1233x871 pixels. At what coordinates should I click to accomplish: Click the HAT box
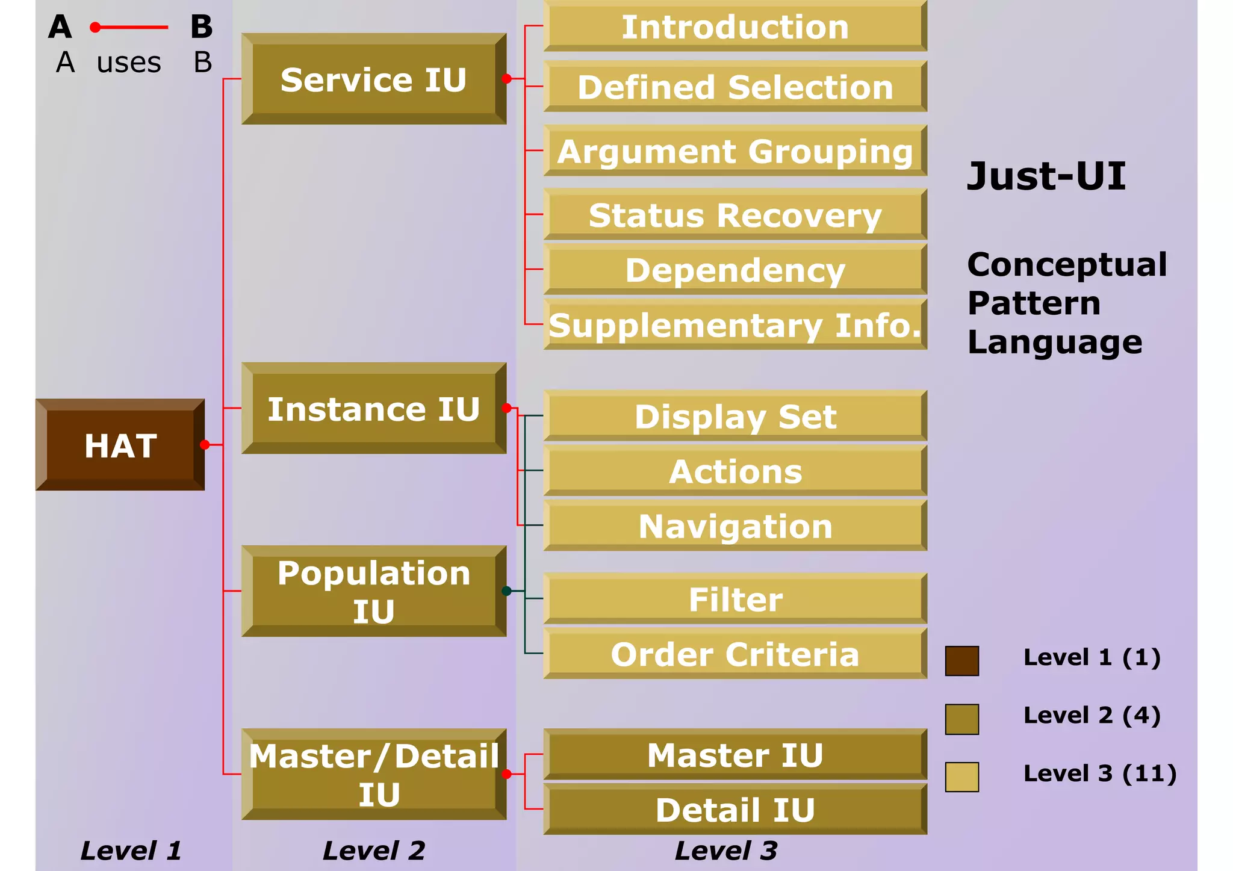click(x=120, y=445)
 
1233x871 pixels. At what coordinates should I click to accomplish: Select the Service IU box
click(x=373, y=79)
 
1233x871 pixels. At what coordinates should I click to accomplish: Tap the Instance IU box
click(x=373, y=409)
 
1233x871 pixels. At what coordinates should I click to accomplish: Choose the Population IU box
click(x=373, y=592)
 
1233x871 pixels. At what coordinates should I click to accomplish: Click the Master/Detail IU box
click(x=373, y=775)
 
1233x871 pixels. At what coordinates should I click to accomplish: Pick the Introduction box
click(x=735, y=27)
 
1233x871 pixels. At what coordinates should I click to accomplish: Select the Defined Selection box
click(x=735, y=87)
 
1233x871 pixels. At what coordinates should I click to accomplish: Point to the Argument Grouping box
click(x=735, y=151)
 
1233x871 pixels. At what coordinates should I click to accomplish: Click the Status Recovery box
click(x=735, y=215)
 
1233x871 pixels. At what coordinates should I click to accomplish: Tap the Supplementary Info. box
click(x=735, y=325)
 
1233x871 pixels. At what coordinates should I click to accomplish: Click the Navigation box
click(x=735, y=526)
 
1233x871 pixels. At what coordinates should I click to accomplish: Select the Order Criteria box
click(x=735, y=654)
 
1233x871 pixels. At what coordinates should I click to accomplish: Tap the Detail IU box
click(x=735, y=810)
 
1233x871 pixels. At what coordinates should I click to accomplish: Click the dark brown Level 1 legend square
click(x=961, y=661)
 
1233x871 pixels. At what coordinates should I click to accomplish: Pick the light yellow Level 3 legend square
click(x=961, y=776)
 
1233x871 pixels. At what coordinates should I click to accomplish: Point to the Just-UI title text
click(x=1046, y=176)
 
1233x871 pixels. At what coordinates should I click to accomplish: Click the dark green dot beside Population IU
click(x=506, y=591)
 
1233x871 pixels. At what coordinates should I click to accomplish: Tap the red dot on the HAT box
click(x=205, y=445)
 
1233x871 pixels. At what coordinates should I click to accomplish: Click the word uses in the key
click(x=129, y=63)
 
